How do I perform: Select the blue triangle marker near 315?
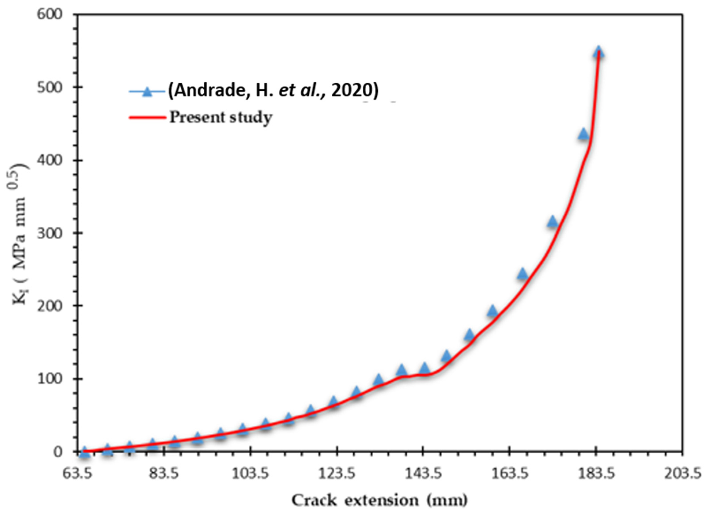coord(552,221)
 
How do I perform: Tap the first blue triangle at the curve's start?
coord(84,452)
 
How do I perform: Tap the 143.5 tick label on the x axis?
coord(423,474)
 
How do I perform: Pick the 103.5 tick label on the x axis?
coord(250,474)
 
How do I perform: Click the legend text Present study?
coord(221,117)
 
